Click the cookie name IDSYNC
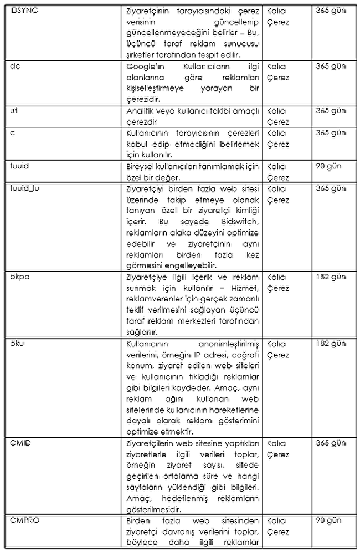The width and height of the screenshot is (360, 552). click(24, 11)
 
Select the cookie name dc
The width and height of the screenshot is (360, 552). click(14, 66)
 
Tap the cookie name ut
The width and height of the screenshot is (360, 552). click(14, 110)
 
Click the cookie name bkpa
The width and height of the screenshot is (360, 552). click(19, 277)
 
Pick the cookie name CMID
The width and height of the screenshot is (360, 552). click(20, 443)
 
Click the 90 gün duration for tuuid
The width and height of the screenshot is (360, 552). click(328, 166)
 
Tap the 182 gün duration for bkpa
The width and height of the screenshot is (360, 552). click(331, 277)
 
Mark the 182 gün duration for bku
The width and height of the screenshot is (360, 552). click(331, 343)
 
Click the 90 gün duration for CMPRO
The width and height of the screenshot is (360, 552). click(328, 520)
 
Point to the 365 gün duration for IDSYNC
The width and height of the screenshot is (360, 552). click(331, 11)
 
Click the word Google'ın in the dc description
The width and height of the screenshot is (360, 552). click(141, 67)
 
